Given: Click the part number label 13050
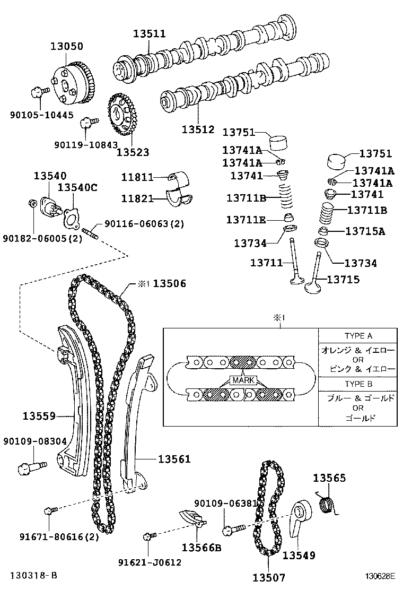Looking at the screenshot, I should click(x=67, y=46).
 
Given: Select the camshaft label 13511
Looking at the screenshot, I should click(x=149, y=34).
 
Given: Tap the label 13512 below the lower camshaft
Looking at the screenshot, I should click(x=198, y=129).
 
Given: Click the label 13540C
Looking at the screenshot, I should click(x=77, y=187).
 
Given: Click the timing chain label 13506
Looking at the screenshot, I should click(x=170, y=284).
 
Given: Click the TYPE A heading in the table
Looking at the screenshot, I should click(x=358, y=335).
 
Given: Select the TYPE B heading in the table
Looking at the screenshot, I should click(x=358, y=384).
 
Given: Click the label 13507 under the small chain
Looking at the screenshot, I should click(x=268, y=577).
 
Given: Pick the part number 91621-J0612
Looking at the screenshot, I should click(x=157, y=562).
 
